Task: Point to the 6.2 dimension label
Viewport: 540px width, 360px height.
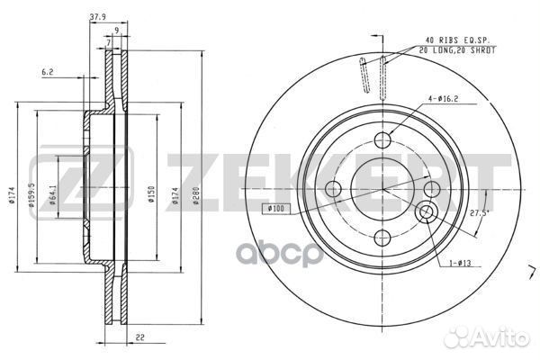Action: (49, 69)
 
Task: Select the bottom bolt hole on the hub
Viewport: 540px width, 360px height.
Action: (381, 238)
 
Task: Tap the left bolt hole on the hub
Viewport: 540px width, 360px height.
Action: (332, 189)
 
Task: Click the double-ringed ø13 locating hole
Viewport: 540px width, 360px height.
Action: (427, 212)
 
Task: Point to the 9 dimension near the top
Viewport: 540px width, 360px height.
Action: (117, 30)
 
